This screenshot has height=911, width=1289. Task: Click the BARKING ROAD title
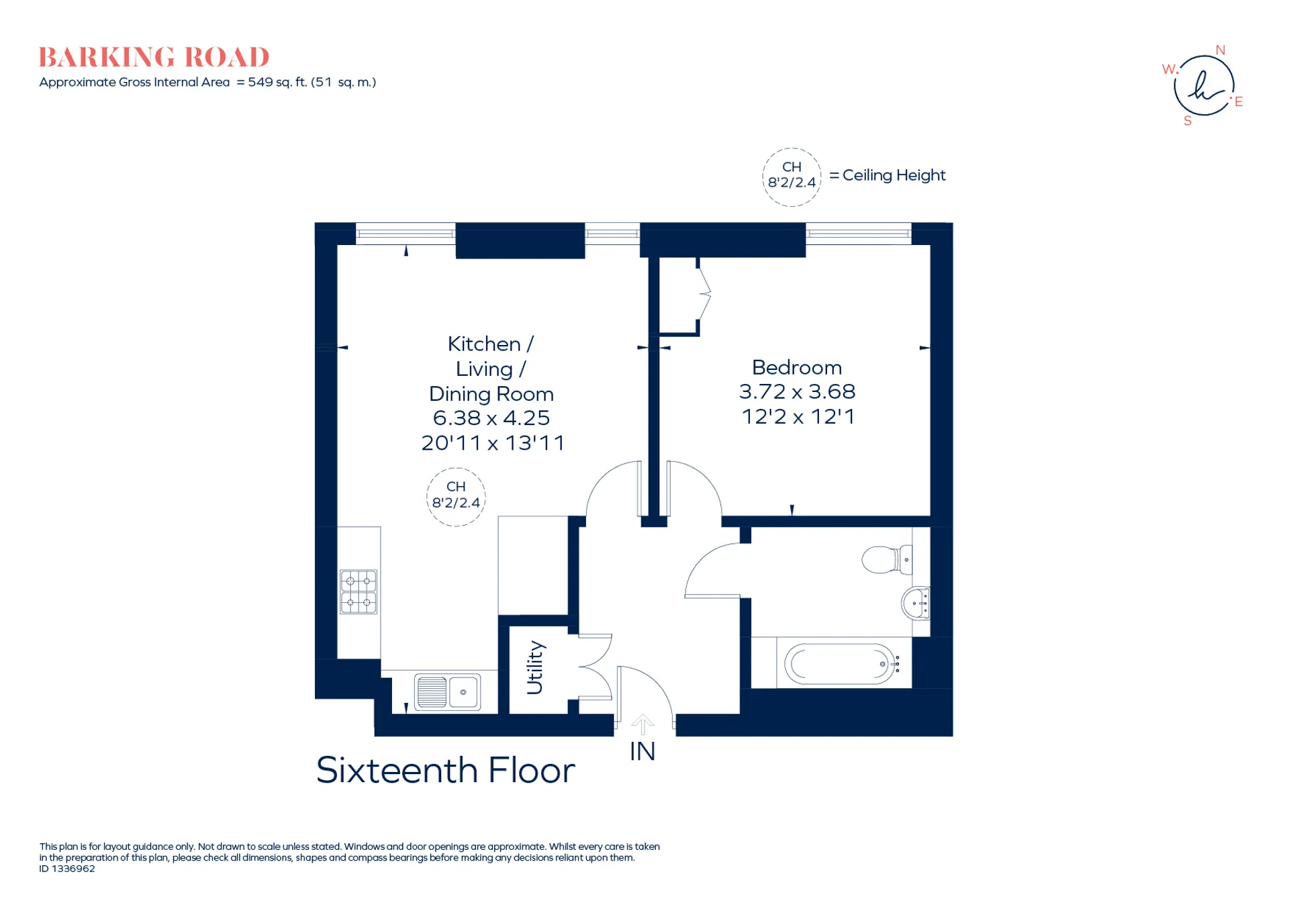(154, 57)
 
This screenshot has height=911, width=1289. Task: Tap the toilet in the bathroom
(886, 559)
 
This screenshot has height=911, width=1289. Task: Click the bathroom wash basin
(916, 603)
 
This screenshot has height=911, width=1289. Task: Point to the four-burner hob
(359, 591)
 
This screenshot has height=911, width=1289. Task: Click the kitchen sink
(448, 691)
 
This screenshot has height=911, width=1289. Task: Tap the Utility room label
(535, 667)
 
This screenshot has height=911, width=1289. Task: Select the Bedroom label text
(797, 367)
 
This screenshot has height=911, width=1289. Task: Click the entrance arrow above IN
(642, 724)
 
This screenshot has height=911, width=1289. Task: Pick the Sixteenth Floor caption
(446, 770)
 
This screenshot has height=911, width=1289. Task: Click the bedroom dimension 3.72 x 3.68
(797, 391)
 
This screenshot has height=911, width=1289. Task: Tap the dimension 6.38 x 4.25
(491, 418)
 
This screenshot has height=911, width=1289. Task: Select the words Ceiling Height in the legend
(894, 175)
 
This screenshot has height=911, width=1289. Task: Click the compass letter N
(1221, 50)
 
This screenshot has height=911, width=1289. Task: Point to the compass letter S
(1188, 121)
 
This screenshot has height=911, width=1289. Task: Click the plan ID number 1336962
(73, 869)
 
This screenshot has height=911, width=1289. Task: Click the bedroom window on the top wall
(859, 234)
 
